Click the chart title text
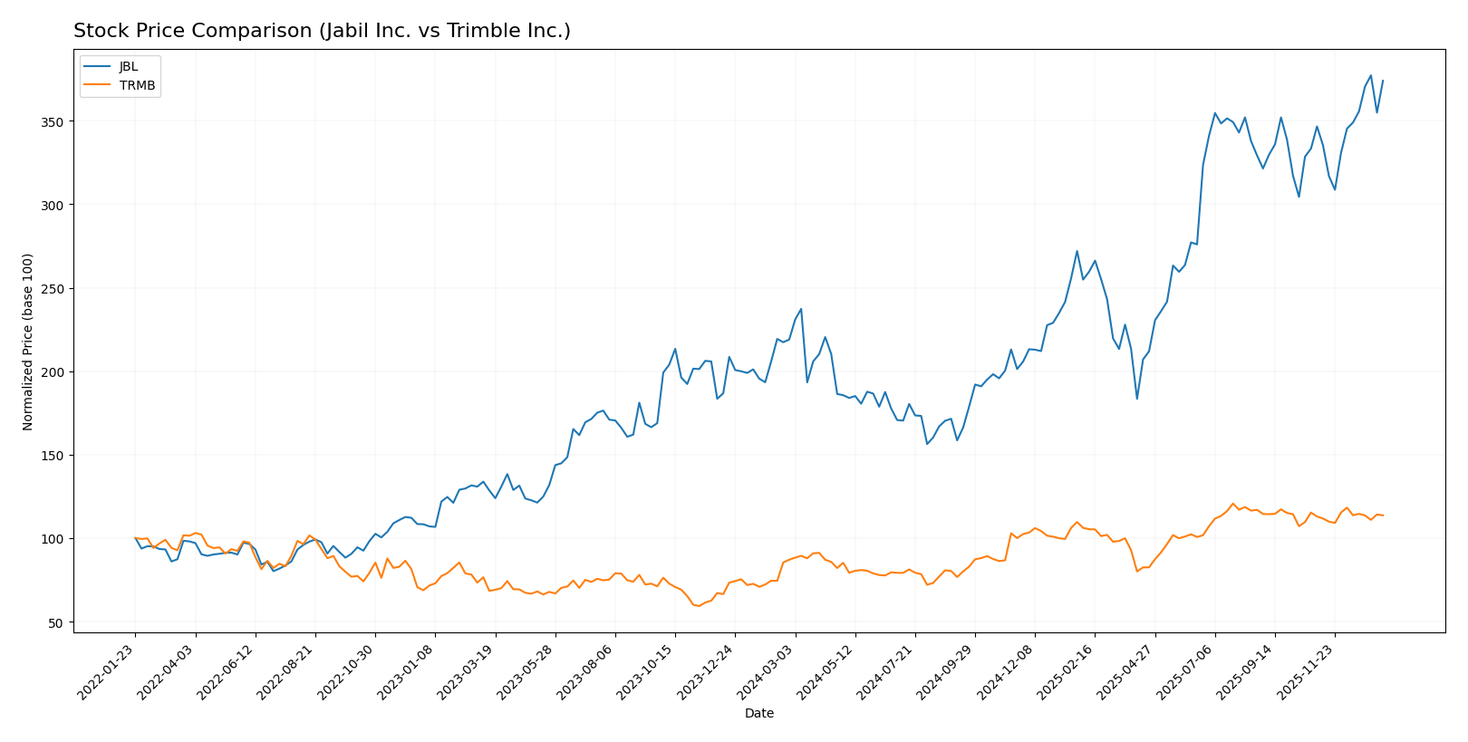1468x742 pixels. (x=322, y=31)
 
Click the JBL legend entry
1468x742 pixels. (x=128, y=67)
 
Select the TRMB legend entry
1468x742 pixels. (x=137, y=86)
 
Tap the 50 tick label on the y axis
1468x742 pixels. (x=56, y=623)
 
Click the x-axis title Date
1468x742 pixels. (x=758, y=714)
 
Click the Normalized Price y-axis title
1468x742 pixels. (x=28, y=342)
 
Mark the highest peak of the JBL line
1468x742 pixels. (x=1370, y=75)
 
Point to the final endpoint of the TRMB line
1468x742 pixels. (x=1383, y=516)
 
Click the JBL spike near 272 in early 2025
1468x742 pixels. (x=1077, y=251)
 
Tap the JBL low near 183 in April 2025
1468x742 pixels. (x=1136, y=399)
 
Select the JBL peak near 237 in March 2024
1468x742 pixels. (x=801, y=309)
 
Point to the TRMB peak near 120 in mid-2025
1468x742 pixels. (x=1232, y=504)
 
